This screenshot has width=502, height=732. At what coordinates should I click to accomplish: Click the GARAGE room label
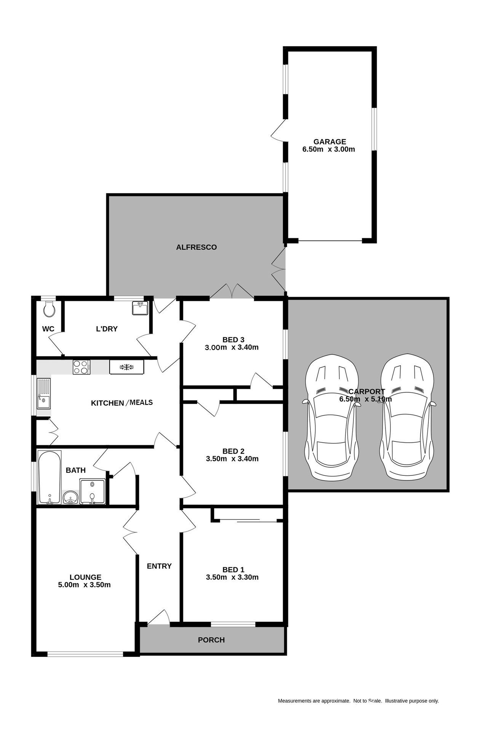[x=329, y=142]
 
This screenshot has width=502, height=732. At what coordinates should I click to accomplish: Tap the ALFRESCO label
[x=196, y=247]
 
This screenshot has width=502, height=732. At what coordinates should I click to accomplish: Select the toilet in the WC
[x=49, y=309]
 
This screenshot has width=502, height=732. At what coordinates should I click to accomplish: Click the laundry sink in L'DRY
[x=140, y=308]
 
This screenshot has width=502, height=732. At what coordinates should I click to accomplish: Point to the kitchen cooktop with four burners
[x=82, y=367]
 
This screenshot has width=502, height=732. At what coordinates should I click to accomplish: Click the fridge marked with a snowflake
[x=126, y=367]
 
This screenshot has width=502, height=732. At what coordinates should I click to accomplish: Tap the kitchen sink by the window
[x=43, y=393]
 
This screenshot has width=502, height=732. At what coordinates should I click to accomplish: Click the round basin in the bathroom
[x=70, y=497]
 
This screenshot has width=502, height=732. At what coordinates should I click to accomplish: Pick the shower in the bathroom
[x=92, y=491]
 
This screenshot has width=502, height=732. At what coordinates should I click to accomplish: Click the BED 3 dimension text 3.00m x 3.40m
[x=232, y=347]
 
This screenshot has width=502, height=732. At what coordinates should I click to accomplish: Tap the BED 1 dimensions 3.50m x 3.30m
[x=232, y=577]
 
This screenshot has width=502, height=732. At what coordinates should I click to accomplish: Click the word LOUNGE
[x=85, y=577]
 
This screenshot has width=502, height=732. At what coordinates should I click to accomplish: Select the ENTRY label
[x=159, y=566]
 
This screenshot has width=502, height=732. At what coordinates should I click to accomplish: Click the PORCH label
[x=211, y=640]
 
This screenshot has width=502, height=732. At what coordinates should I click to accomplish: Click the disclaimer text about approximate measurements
[x=358, y=701]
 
